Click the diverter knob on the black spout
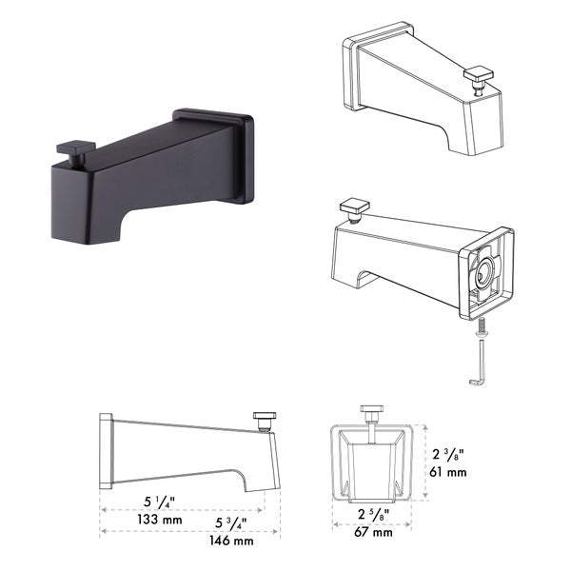point(73,150)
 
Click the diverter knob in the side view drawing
point(264,419)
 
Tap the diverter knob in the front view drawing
point(371,412)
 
